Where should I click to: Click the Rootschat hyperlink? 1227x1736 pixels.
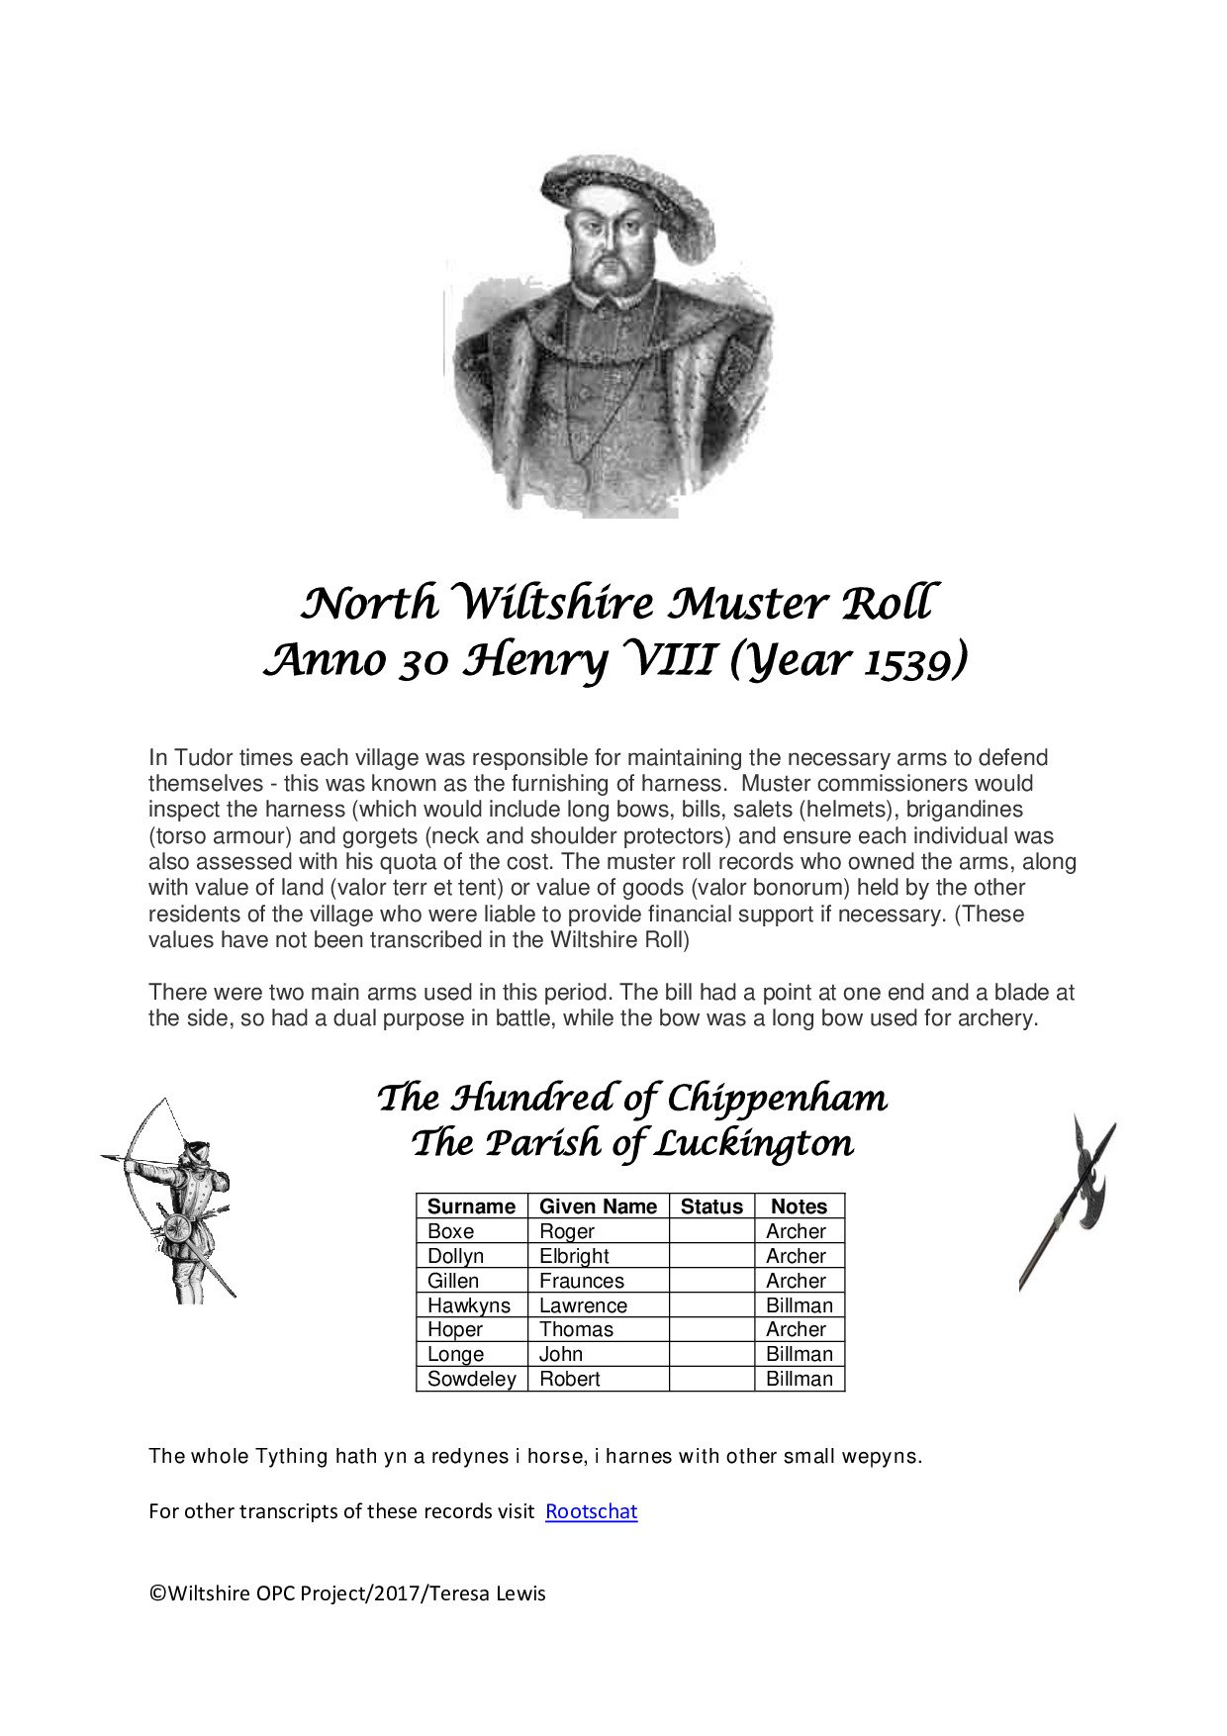coord(591,1511)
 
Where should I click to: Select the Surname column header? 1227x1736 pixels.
coord(471,1206)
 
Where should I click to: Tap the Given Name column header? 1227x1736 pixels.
coord(598,1206)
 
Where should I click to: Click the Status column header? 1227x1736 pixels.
coord(711,1206)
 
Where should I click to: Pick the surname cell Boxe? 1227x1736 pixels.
coord(450,1231)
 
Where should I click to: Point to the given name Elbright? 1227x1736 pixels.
coord(574,1256)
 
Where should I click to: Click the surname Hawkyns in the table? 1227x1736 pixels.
coord(469,1305)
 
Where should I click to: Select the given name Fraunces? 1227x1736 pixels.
coord(582,1281)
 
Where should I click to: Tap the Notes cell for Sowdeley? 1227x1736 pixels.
coord(800,1379)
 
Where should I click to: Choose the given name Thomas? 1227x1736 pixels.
coord(576,1329)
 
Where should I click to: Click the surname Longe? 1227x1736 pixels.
coord(455,1354)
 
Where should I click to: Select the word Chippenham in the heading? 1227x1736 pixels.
coord(777,1099)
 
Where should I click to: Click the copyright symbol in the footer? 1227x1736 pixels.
coord(156,1593)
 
